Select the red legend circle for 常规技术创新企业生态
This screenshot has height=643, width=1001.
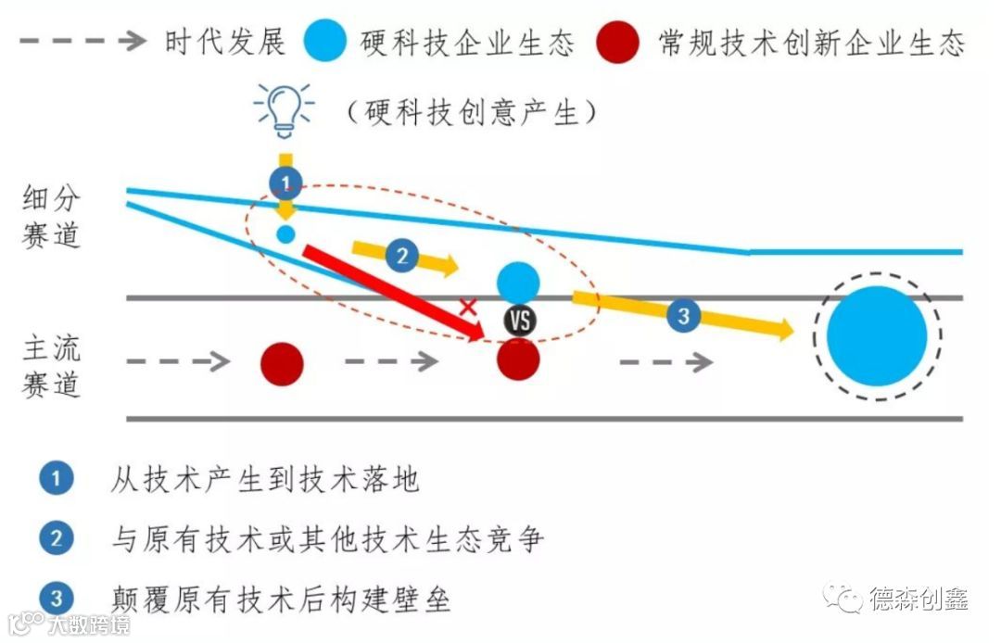click(618, 42)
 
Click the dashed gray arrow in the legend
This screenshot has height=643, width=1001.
click(83, 41)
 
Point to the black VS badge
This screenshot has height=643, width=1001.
click(520, 321)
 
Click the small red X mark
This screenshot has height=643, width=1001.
click(469, 308)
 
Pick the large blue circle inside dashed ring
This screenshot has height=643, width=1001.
click(877, 335)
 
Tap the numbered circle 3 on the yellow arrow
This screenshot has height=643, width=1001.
click(683, 315)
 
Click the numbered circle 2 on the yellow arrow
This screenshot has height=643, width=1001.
click(401, 256)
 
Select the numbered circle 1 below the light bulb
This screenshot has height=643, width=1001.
click(285, 182)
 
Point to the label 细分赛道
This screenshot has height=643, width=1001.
click(52, 216)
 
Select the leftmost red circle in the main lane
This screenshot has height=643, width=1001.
click(282, 363)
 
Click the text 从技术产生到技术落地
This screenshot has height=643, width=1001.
click(265, 479)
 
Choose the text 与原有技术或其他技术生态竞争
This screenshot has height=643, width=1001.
click(326, 539)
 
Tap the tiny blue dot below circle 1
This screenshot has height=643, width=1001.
click(286, 233)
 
